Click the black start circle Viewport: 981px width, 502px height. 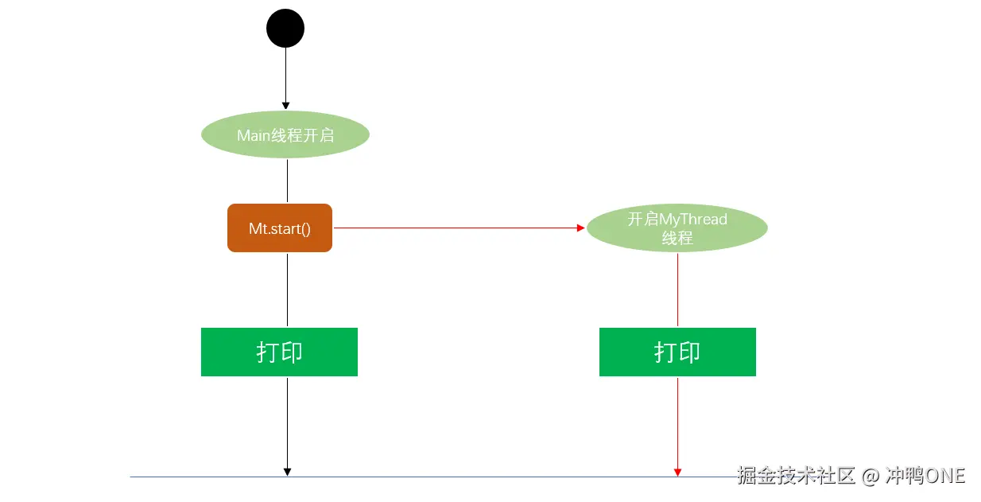pos(285,29)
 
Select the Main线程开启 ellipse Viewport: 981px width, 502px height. pos(285,134)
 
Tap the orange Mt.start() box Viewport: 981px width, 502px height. pos(280,228)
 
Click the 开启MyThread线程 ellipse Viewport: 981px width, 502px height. pos(677,228)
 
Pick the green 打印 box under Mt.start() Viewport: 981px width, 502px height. pos(279,352)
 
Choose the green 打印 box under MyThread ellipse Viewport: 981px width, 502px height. pos(677,352)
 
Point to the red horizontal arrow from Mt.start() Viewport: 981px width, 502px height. pos(453,228)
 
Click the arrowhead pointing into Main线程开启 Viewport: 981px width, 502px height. pos(286,105)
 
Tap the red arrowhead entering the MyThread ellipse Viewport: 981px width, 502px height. pos(580,228)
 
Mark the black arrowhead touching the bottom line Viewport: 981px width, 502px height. pos(287,472)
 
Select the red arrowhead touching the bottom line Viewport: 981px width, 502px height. pos(677,472)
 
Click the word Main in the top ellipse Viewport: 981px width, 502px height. pos(254,135)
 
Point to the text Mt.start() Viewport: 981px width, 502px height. pos(280,229)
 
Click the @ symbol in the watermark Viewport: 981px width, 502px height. pos(871,476)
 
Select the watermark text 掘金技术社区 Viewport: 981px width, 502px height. pos(797,476)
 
